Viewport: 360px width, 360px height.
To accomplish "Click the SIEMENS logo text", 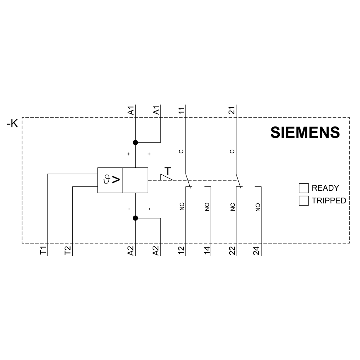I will [305, 132].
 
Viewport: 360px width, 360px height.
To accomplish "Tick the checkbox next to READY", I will [303, 188].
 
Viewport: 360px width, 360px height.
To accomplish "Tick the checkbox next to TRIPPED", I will [303, 201].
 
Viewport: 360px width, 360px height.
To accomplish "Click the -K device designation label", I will [12, 124].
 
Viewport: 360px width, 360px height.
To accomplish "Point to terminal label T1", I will [43, 251].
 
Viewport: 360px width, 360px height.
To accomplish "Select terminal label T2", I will [68, 251].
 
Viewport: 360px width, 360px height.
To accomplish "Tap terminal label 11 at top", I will [181, 111].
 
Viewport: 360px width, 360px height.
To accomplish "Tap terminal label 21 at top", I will [232, 111].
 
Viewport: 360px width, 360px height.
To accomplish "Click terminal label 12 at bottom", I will [181, 251].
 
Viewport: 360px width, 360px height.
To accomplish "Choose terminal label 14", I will [207, 251].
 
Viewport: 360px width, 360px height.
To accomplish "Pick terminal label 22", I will [232, 251].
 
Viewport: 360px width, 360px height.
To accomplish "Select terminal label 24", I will [257, 251].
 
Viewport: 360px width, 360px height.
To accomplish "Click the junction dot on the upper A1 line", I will [135, 143].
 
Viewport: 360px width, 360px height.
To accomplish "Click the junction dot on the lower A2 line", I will [135, 218].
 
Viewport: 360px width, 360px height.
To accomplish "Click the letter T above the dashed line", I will [168, 171].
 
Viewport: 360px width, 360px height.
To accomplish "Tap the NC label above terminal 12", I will [182, 207].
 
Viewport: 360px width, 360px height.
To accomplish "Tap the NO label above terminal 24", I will [257, 207].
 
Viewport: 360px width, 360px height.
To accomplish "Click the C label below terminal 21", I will [232, 151].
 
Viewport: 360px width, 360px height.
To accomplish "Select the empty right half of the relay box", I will [135, 180].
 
